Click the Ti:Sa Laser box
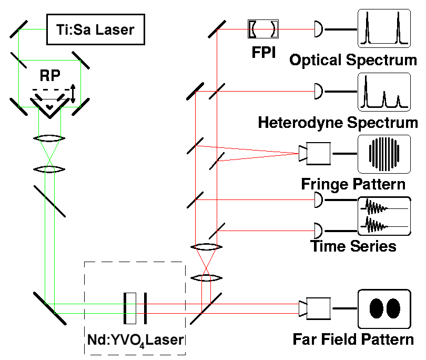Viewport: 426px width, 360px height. coord(99,29)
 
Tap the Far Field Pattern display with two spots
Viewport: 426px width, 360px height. coord(384,308)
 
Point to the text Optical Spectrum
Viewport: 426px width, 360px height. coord(353,59)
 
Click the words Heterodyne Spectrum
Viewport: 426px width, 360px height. coord(338,123)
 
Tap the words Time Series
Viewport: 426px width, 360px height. coord(353,245)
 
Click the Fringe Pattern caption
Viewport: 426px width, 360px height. coord(353,184)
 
